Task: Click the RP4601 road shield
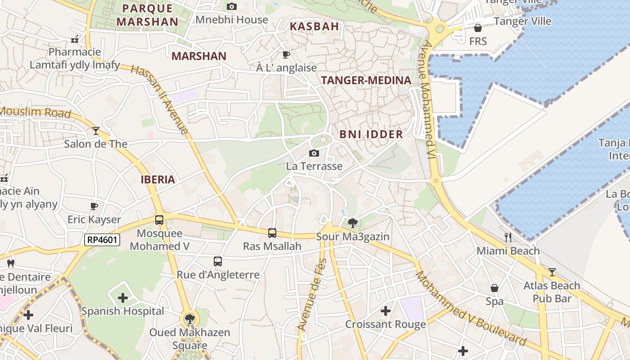(x=102, y=240)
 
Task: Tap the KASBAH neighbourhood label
(x=314, y=27)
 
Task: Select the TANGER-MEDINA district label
(x=366, y=81)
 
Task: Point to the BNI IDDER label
(x=371, y=134)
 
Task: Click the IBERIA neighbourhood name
(x=157, y=180)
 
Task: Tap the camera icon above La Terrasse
(x=314, y=153)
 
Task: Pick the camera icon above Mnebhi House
(x=232, y=6)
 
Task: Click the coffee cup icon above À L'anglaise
(x=286, y=55)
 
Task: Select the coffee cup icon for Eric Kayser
(x=94, y=206)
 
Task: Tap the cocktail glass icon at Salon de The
(x=96, y=131)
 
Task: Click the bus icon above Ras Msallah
(x=272, y=233)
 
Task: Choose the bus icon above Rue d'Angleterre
(x=218, y=261)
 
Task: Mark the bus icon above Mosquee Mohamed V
(x=159, y=220)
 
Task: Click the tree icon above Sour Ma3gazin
(x=353, y=223)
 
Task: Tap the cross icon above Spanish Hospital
(x=123, y=297)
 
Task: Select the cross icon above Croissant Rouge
(x=386, y=310)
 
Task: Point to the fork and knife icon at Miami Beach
(x=508, y=237)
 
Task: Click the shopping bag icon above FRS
(x=478, y=28)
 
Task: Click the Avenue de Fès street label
(x=311, y=295)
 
